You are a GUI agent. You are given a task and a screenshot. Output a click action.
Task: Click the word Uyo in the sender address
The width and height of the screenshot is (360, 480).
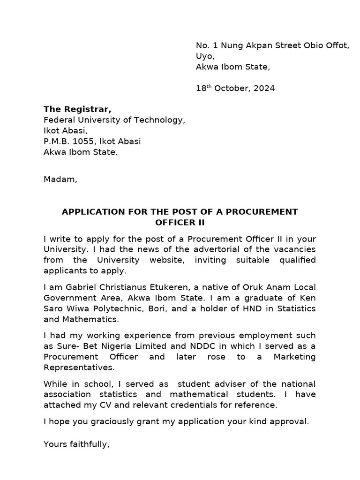tap(205, 56)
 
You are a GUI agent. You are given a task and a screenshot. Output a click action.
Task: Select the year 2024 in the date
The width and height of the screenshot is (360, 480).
tap(265, 88)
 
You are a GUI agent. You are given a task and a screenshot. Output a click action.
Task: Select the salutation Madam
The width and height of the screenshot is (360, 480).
tap(60, 179)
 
